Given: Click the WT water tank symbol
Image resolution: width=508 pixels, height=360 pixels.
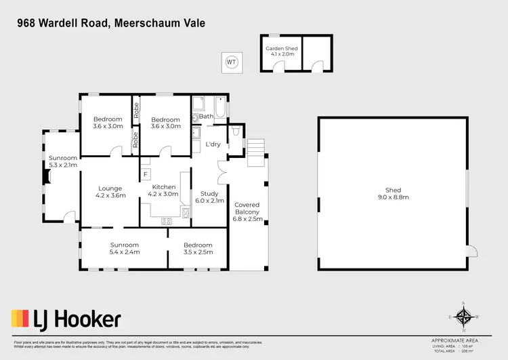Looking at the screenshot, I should [x=232, y=62].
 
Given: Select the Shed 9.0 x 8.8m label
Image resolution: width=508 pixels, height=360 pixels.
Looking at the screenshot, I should [x=393, y=194].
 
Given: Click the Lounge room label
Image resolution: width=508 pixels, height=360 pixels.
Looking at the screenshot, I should [x=110, y=191].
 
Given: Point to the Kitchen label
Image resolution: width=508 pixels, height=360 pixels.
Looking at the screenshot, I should [x=164, y=191].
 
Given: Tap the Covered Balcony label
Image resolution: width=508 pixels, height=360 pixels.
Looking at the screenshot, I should [x=247, y=212].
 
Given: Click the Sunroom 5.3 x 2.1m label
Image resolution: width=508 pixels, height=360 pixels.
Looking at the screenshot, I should [x=63, y=161].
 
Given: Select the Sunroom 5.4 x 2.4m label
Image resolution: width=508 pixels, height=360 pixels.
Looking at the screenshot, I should [x=125, y=249].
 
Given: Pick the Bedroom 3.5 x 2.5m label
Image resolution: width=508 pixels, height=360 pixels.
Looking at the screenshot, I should [x=198, y=249].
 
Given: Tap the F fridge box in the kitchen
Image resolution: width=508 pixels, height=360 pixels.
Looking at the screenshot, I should [x=145, y=175].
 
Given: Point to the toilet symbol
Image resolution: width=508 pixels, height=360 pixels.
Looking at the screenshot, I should [x=234, y=129].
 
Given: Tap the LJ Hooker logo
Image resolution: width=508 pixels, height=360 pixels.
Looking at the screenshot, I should [x=66, y=319].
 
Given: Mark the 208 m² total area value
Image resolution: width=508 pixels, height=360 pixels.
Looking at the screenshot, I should [x=465, y=352].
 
